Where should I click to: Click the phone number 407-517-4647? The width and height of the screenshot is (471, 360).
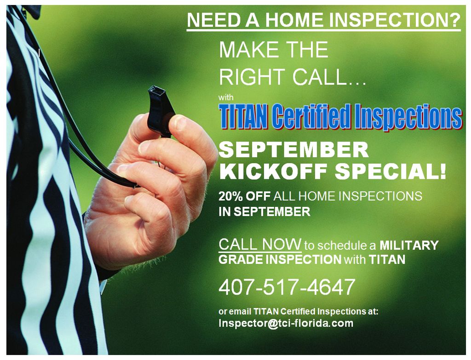287,287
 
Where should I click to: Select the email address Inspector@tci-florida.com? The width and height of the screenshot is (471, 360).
286,323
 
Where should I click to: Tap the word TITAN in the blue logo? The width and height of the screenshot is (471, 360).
244,116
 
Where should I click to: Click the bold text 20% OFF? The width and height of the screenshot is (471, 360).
245,196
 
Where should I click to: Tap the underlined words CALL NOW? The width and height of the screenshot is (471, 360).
260,244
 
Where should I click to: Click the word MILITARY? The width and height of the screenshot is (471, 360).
409,246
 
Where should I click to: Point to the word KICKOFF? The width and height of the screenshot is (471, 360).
273,172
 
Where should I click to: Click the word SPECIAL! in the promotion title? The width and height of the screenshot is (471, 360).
390,172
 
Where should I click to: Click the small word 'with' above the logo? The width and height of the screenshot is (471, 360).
226,97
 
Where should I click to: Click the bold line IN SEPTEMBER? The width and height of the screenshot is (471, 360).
264,211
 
